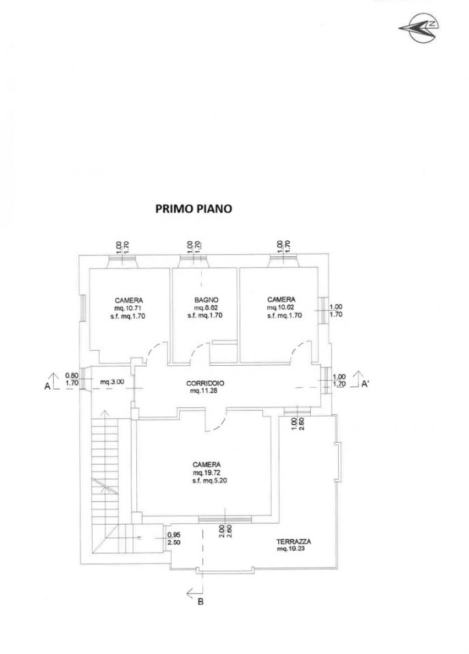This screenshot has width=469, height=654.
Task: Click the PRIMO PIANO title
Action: click(194, 208)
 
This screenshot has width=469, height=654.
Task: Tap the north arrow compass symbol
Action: click(419, 28)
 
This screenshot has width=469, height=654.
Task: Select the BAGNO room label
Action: click(206, 300)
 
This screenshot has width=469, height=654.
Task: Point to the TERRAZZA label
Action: click(293, 542)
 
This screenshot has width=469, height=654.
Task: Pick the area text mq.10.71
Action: click(129, 308)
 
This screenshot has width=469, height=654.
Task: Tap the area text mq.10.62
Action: click(281, 307)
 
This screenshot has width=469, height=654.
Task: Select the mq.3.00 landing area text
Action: click(112, 381)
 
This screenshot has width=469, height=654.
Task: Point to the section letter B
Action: click(200, 602)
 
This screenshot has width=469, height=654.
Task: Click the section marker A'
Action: click(365, 384)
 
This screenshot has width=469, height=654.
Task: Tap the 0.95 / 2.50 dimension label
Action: click(174, 539)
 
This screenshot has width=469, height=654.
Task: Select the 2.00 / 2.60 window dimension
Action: click(226, 531)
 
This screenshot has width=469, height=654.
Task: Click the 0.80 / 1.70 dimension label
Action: click(72, 378)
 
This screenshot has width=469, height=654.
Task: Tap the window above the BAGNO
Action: click(194, 262)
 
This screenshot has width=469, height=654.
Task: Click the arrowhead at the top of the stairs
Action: click(104, 413)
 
